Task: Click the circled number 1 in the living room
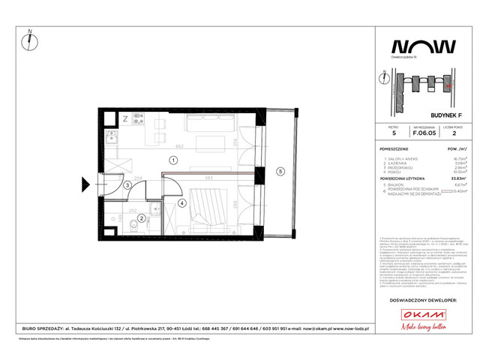[172, 160]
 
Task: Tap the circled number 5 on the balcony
[280, 171]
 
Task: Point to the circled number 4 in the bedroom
[182, 202]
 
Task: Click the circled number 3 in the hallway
[128, 185]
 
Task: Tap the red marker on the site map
[448, 86]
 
